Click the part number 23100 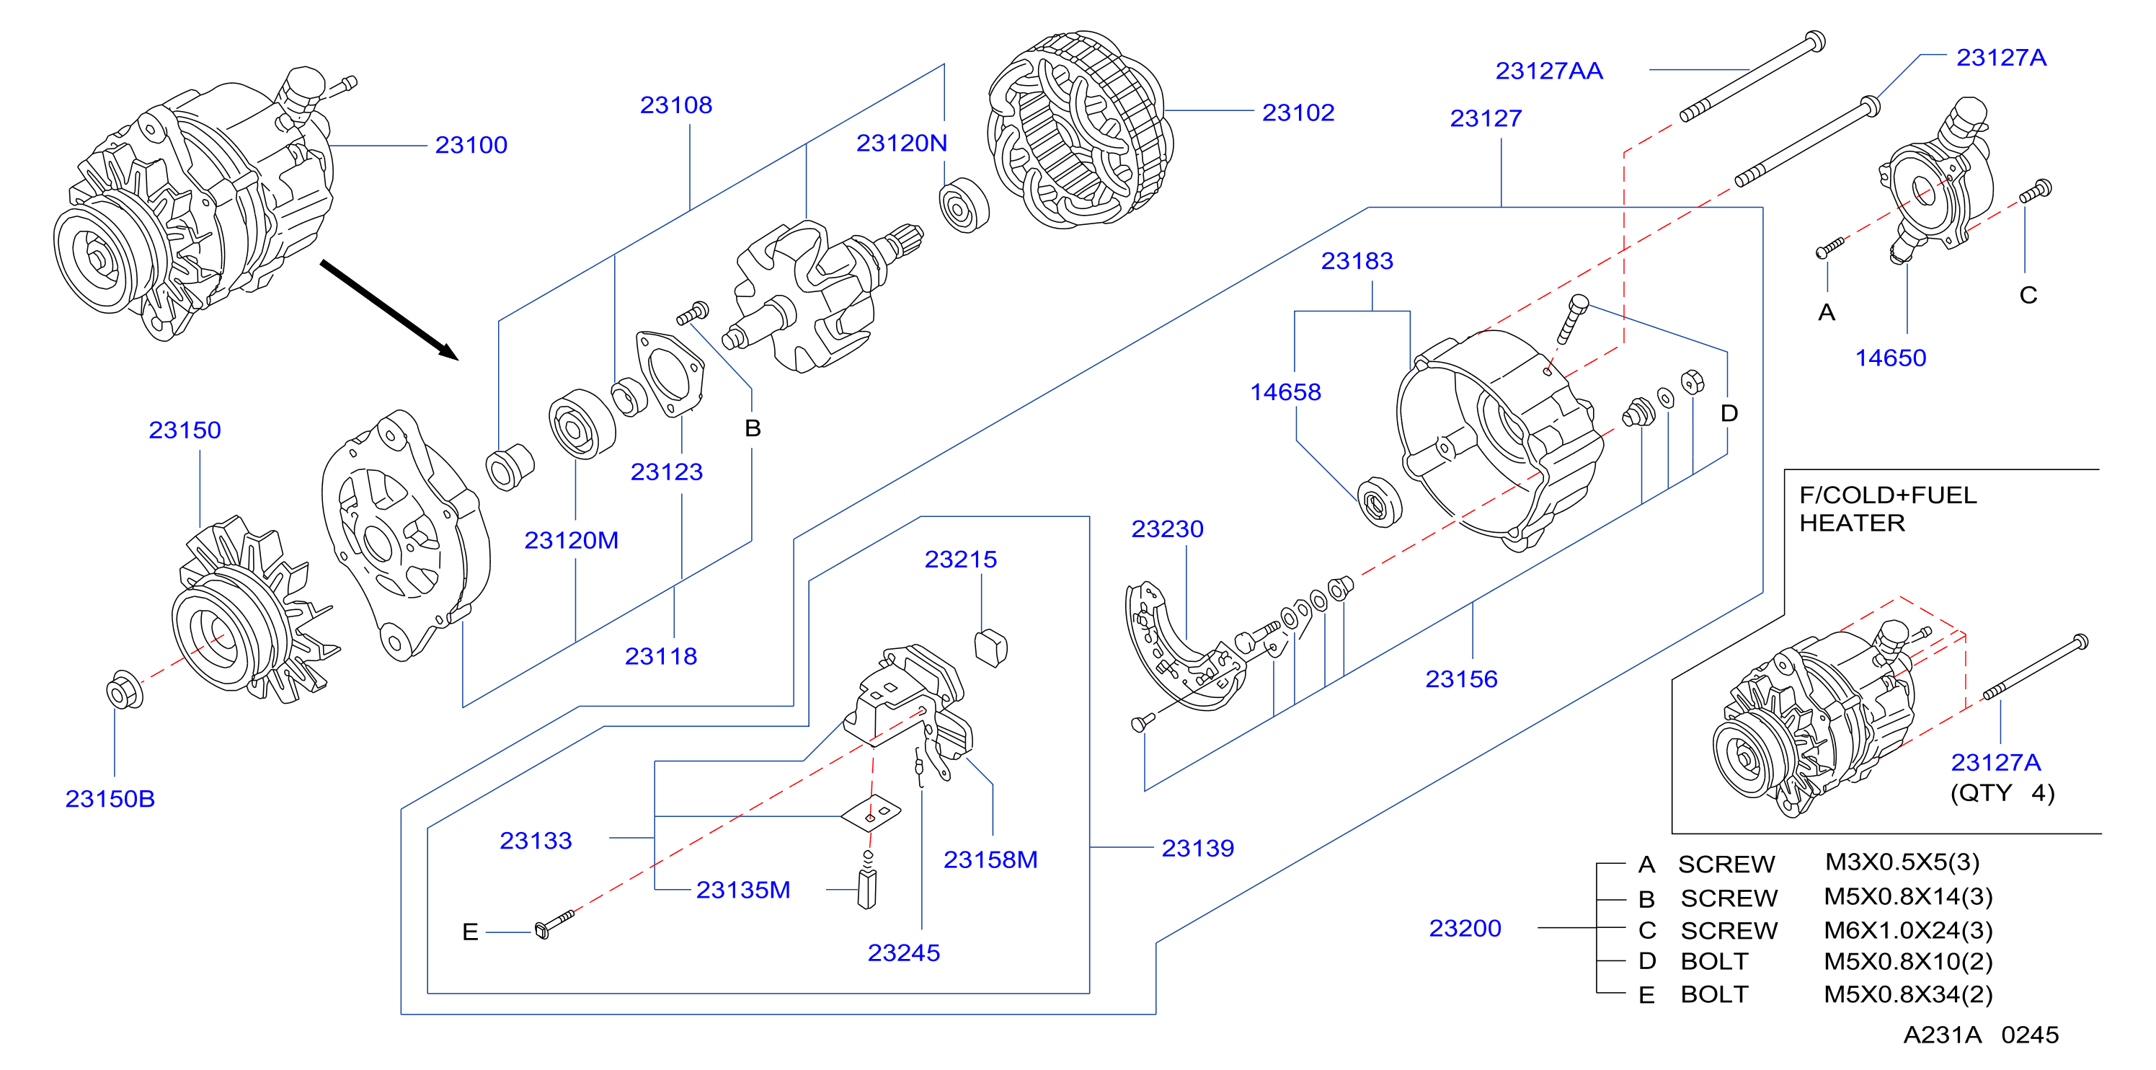pyautogui.click(x=471, y=145)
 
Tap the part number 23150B pyautogui.click(x=110, y=799)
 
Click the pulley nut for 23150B pyautogui.click(x=125, y=690)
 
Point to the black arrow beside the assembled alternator pyautogui.click(x=389, y=310)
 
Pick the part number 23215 pyautogui.click(x=961, y=560)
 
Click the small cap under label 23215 pyautogui.click(x=991, y=647)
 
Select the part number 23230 pyautogui.click(x=1168, y=529)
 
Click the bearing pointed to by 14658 pyautogui.click(x=1378, y=502)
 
